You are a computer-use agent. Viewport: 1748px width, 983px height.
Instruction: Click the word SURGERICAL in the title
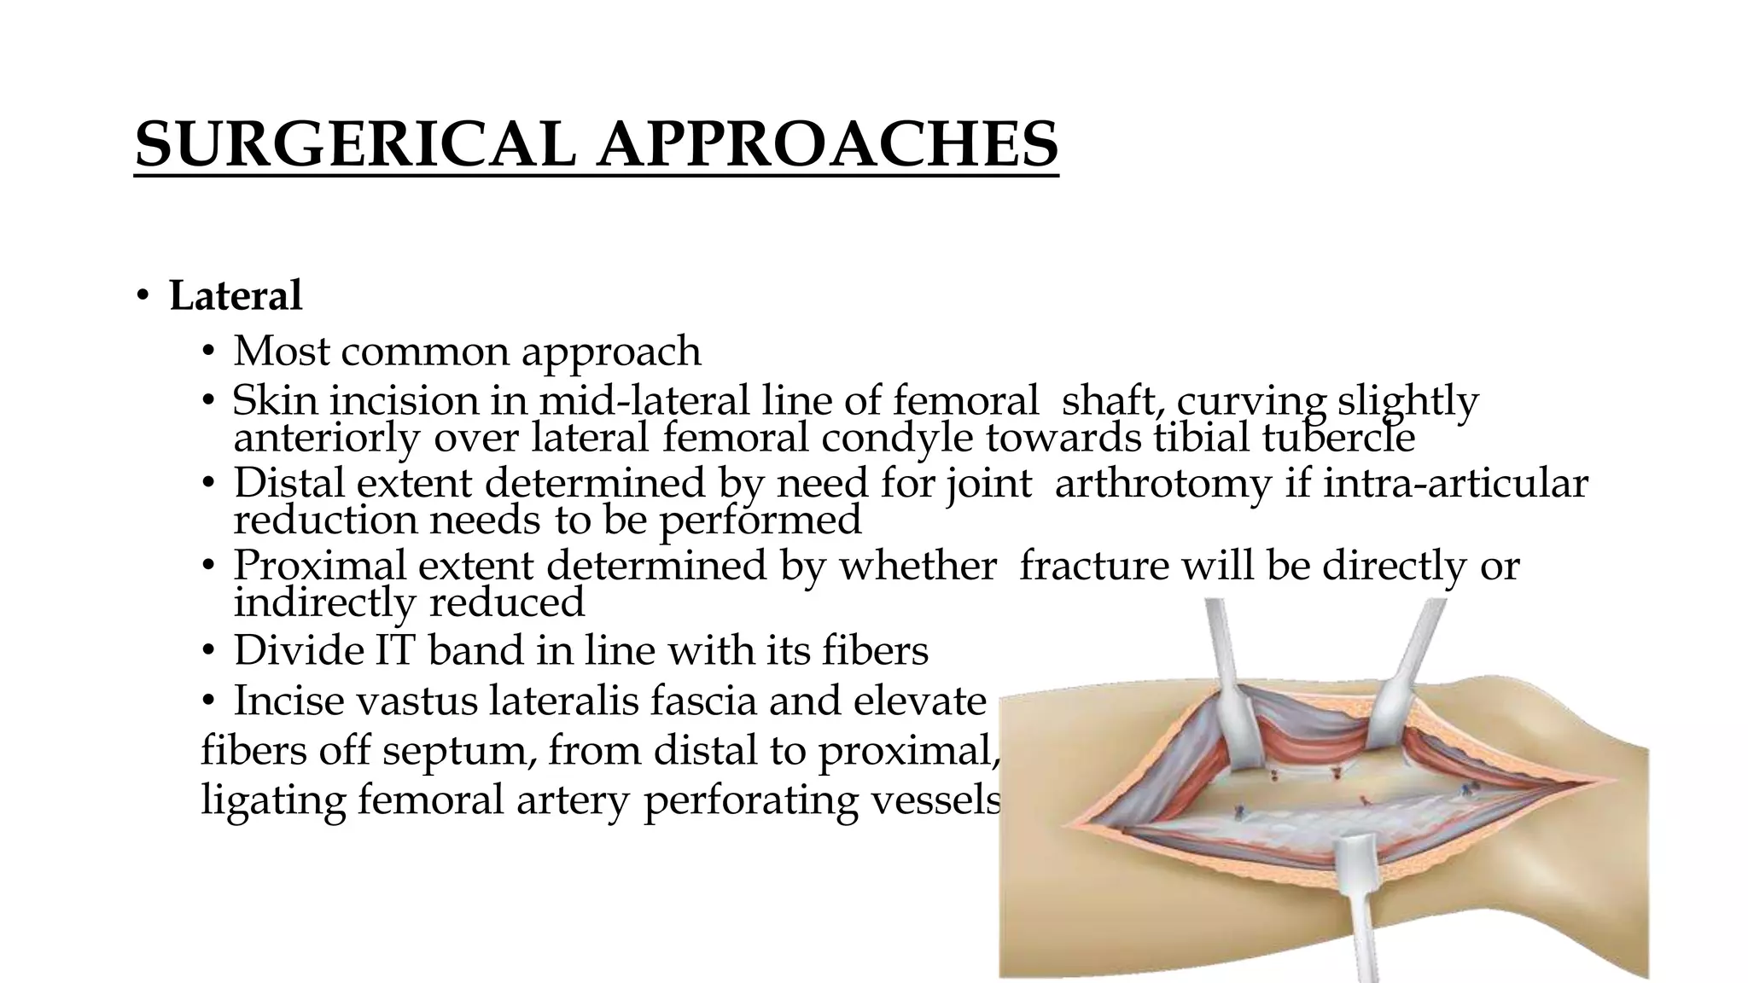point(354,143)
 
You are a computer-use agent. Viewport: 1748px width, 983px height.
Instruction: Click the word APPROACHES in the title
point(827,143)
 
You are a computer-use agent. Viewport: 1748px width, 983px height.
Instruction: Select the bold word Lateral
point(236,296)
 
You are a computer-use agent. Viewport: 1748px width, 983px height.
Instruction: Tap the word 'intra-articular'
point(1455,483)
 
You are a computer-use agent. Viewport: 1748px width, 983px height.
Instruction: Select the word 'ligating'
point(273,800)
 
